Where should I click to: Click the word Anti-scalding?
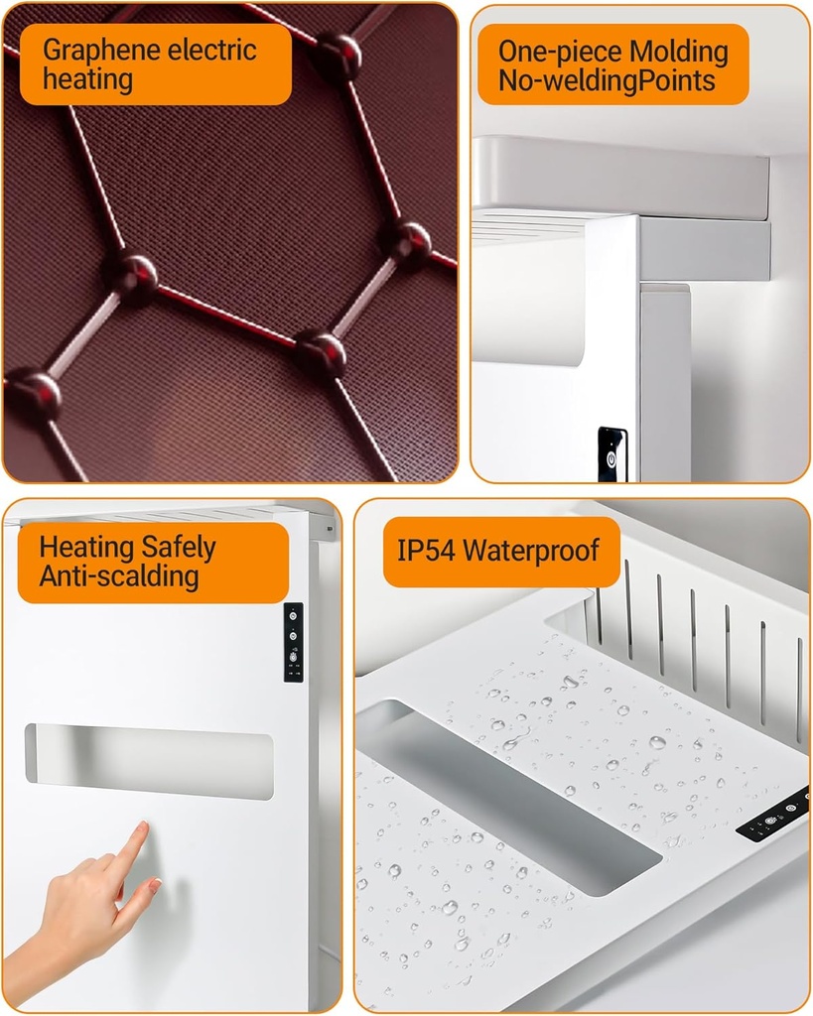pos(119,576)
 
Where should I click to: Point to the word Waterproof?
pos(531,551)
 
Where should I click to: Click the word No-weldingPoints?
pos(607,81)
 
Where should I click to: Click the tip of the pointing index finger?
pos(143,825)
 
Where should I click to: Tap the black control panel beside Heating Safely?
pos(293,642)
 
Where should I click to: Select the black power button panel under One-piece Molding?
pos(611,454)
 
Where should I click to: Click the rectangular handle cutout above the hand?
pos(149,761)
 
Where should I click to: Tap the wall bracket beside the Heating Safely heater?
pos(330,530)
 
